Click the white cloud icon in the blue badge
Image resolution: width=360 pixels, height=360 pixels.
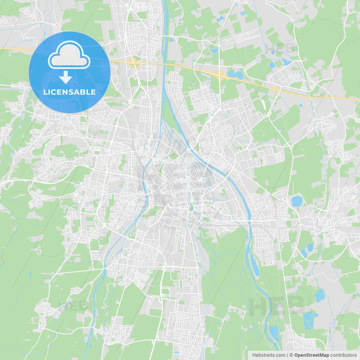[x=69, y=56]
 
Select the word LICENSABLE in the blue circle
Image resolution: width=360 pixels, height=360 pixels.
[x=69, y=92]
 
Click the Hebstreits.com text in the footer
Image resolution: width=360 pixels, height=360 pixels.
[x=269, y=355]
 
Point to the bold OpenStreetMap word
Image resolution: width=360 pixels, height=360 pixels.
[x=312, y=355]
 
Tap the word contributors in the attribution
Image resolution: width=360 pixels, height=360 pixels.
[x=343, y=355]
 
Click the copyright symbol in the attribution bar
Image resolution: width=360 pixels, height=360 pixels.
[x=291, y=355]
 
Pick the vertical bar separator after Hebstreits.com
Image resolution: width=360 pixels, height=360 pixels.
[x=287, y=355]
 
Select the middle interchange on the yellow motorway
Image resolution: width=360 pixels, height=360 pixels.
[x=219, y=75]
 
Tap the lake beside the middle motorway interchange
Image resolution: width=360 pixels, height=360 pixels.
[x=235, y=74]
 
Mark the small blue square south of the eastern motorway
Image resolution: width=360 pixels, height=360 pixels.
[x=300, y=105]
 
